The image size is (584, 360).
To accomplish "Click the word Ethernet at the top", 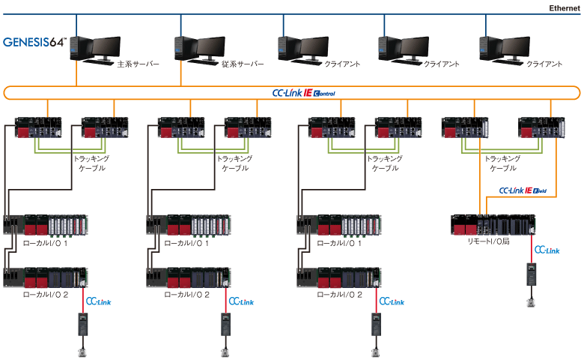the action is coord(565,7).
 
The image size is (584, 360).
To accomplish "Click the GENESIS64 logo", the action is coord(34,42).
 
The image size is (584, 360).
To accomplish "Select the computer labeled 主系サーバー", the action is coord(95,50).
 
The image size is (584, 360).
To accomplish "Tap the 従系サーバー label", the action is coord(243,64).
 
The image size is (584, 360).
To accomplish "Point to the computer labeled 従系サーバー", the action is coord(200,50).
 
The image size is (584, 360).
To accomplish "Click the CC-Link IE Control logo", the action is coord(303,93).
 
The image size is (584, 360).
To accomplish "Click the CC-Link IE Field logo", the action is coord(523,190).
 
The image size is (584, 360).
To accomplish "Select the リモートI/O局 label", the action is coord(488,241).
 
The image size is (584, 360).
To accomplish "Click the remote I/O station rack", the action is coord(493,224).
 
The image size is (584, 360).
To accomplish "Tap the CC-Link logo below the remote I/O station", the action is coord(547,250).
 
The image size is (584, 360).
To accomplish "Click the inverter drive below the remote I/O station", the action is coord(531,274).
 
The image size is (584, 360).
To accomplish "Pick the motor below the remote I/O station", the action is coord(531,302).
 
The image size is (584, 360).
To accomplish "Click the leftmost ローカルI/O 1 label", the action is coord(45,243).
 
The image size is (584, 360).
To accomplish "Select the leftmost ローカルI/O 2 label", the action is coord(46,295).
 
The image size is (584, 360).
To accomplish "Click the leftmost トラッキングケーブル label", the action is coord(91,163).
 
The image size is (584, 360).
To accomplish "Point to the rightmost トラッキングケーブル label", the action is coord(502,163).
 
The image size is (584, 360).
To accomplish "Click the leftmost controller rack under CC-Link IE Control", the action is coord(38,127).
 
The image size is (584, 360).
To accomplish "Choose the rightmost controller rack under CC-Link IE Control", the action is coord(541,127).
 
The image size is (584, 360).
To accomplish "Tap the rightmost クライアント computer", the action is coord(505,50).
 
